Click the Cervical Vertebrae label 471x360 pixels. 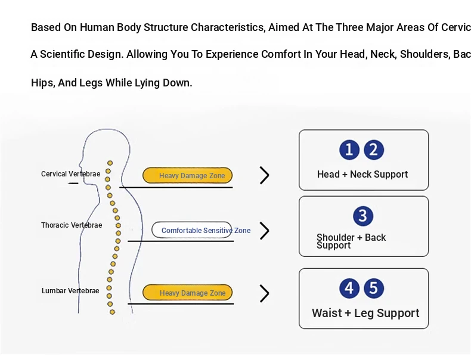pos(70,174)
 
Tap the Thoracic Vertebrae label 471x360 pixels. pos(72,225)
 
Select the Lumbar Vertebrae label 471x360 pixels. pos(70,291)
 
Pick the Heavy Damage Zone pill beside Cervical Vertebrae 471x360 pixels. pos(187,176)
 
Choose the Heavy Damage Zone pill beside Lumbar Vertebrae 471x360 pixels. pos(187,293)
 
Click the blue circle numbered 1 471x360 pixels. pos(349,150)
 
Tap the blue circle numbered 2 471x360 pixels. pos(374,150)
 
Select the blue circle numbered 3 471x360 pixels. pos(363,216)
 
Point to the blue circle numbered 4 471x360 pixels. pos(349,289)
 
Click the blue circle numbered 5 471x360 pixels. pos(373,289)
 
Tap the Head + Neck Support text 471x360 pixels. pos(362,175)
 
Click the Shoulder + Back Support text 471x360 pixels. pos(351,241)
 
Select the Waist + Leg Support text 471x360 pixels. pos(365,314)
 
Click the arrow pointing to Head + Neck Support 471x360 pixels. pos(265,175)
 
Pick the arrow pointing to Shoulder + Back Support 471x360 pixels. pos(265,231)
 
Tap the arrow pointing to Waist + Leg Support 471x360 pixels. pos(265,293)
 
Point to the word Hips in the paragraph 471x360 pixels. pos(41,83)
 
